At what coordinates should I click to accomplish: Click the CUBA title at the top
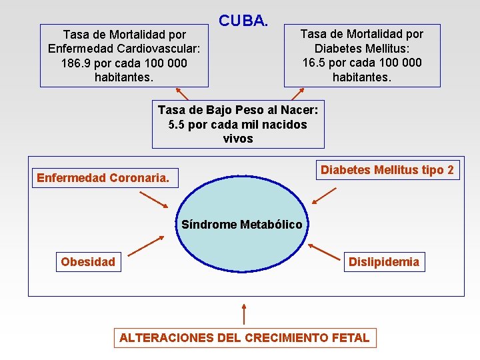click(x=243, y=21)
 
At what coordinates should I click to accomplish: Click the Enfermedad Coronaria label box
click(x=103, y=178)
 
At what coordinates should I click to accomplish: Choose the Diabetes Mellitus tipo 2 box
click(x=387, y=170)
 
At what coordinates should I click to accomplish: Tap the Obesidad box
click(x=88, y=262)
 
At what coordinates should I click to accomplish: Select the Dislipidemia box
click(x=384, y=262)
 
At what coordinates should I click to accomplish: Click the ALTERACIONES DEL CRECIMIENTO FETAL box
click(x=244, y=337)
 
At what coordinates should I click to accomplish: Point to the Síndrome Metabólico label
click(x=241, y=225)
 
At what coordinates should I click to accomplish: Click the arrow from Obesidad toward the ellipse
click(x=146, y=246)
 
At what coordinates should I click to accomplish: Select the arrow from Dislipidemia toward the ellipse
click(x=325, y=251)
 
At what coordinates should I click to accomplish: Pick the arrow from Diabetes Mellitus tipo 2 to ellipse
click(x=325, y=194)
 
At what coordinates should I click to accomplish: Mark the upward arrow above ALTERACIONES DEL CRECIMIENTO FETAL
click(x=244, y=314)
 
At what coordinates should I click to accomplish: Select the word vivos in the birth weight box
click(x=238, y=139)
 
